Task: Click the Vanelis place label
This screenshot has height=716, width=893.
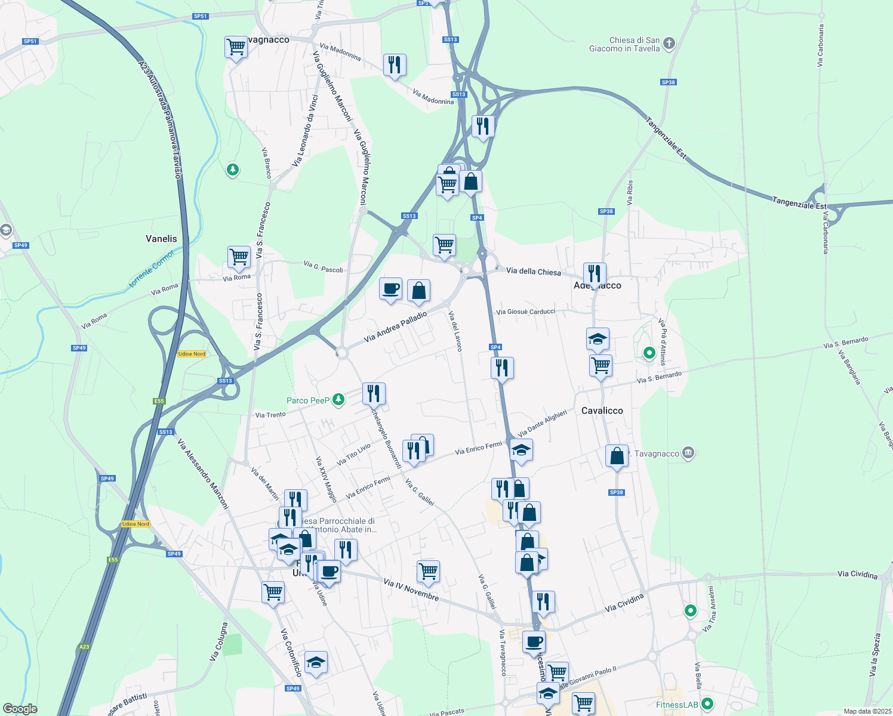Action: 161,239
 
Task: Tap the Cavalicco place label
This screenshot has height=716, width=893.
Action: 602,411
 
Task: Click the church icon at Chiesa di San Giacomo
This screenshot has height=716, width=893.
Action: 669,43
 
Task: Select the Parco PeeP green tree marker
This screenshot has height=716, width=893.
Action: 338,399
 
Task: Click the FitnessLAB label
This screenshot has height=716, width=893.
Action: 676,705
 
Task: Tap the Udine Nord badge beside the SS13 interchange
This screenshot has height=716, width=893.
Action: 192,354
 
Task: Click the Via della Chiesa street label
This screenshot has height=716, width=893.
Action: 533,271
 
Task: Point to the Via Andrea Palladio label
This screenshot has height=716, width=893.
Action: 395,327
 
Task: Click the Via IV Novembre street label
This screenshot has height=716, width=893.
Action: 411,589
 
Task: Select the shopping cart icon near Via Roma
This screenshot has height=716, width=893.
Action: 239,257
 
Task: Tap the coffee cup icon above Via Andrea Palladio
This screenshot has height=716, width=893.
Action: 391,289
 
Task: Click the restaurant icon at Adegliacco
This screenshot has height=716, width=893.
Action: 595,273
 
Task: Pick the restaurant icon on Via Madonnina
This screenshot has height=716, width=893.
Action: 395,64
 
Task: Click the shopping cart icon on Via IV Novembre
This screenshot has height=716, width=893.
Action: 429,571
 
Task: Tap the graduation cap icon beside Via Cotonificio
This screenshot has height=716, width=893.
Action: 316,662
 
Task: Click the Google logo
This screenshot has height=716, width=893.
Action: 20,708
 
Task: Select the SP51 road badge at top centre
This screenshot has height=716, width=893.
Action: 201,16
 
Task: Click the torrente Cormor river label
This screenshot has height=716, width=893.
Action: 152,268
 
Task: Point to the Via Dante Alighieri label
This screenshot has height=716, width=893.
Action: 542,423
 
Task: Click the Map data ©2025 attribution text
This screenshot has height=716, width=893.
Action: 867,711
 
